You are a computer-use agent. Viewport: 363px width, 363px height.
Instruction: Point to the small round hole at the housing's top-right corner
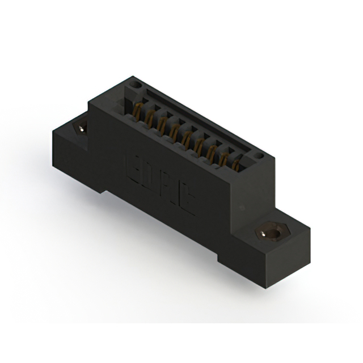259,154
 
